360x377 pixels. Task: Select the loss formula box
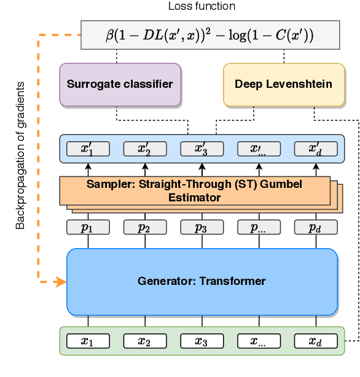coord(210,35)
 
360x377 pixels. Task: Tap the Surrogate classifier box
coord(120,84)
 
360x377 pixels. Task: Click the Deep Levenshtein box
coord(283,84)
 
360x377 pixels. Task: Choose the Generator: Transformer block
coord(202,281)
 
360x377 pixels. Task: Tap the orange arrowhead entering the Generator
coord(61,282)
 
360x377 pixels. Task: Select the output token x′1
coord(88,149)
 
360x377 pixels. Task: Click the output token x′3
coord(202,149)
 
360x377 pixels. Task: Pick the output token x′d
coord(315,149)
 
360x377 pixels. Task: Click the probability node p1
coord(88,227)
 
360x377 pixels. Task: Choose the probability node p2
coord(145,227)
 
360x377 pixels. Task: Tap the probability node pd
coord(315,227)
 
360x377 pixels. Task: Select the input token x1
coord(88,341)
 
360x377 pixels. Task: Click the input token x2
coord(145,341)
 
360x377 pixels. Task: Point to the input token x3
coord(202,341)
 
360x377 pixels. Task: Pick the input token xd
coord(315,341)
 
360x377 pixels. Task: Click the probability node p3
coord(202,227)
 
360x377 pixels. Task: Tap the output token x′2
coord(145,149)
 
